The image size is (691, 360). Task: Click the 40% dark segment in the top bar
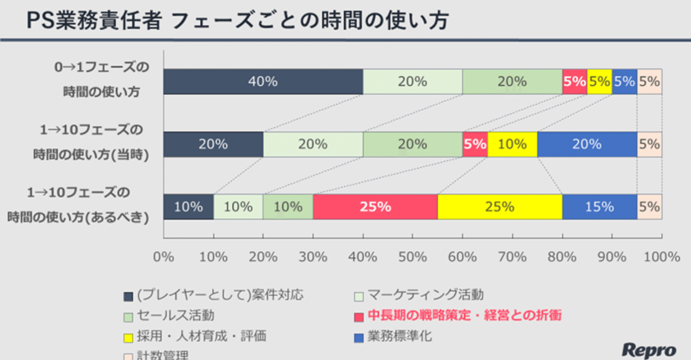coord(263,81)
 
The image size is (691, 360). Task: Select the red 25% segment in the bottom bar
coord(375,207)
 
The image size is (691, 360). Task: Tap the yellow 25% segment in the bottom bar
coord(499,207)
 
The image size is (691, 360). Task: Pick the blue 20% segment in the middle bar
coord(587,144)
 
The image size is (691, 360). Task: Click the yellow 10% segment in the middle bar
coord(512,144)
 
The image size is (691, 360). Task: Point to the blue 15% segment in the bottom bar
coord(599,207)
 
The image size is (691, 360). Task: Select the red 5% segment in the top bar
coord(574,81)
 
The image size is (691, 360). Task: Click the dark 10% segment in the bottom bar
coord(188,207)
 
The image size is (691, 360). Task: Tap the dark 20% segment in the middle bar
coord(213,144)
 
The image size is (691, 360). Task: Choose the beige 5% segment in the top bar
coord(649,81)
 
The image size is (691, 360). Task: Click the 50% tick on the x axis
coord(412,257)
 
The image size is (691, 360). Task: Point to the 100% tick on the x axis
coord(662,257)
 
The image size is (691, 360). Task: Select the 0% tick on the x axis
coord(164,257)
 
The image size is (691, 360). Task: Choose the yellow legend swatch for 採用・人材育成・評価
coord(128,338)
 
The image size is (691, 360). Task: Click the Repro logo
coord(648,349)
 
